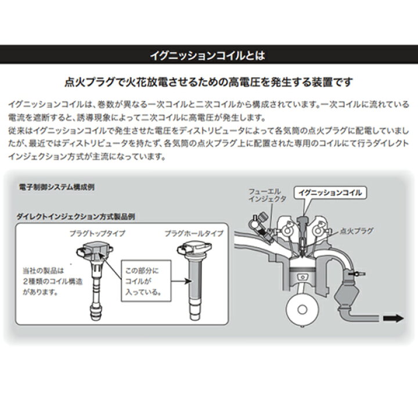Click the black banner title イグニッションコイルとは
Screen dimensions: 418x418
(208, 56)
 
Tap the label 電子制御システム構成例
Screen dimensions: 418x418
(55, 189)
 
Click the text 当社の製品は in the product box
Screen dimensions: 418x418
(59, 270)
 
